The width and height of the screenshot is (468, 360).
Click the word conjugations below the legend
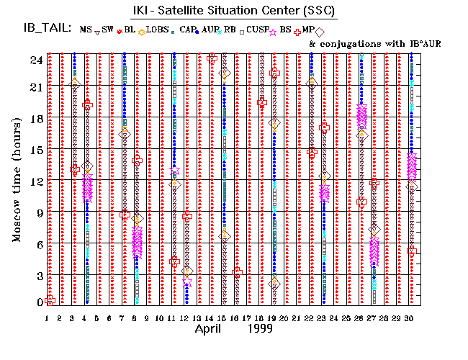(346, 44)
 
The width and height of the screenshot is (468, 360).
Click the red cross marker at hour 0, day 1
(50, 300)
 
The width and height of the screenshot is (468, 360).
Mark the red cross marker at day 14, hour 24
(212, 58)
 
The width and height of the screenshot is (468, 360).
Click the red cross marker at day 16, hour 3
(237, 272)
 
